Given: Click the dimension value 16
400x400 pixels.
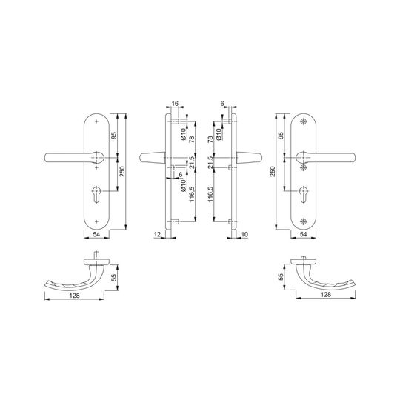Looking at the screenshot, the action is [175, 103].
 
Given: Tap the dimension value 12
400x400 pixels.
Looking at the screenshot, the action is [158, 234].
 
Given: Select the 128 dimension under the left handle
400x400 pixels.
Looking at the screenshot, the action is [75, 296].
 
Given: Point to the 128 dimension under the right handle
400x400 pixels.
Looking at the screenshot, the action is [326, 295].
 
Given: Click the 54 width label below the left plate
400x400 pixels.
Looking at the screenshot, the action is [96, 234].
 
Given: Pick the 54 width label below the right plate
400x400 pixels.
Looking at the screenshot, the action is [303, 234].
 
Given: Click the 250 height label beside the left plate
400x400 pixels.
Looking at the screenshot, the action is [123, 171].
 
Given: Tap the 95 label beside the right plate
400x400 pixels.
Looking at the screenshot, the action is [281, 136].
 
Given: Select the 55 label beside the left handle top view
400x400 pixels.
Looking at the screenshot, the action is [115, 277].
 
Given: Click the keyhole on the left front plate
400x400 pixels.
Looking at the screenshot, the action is [97, 194].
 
